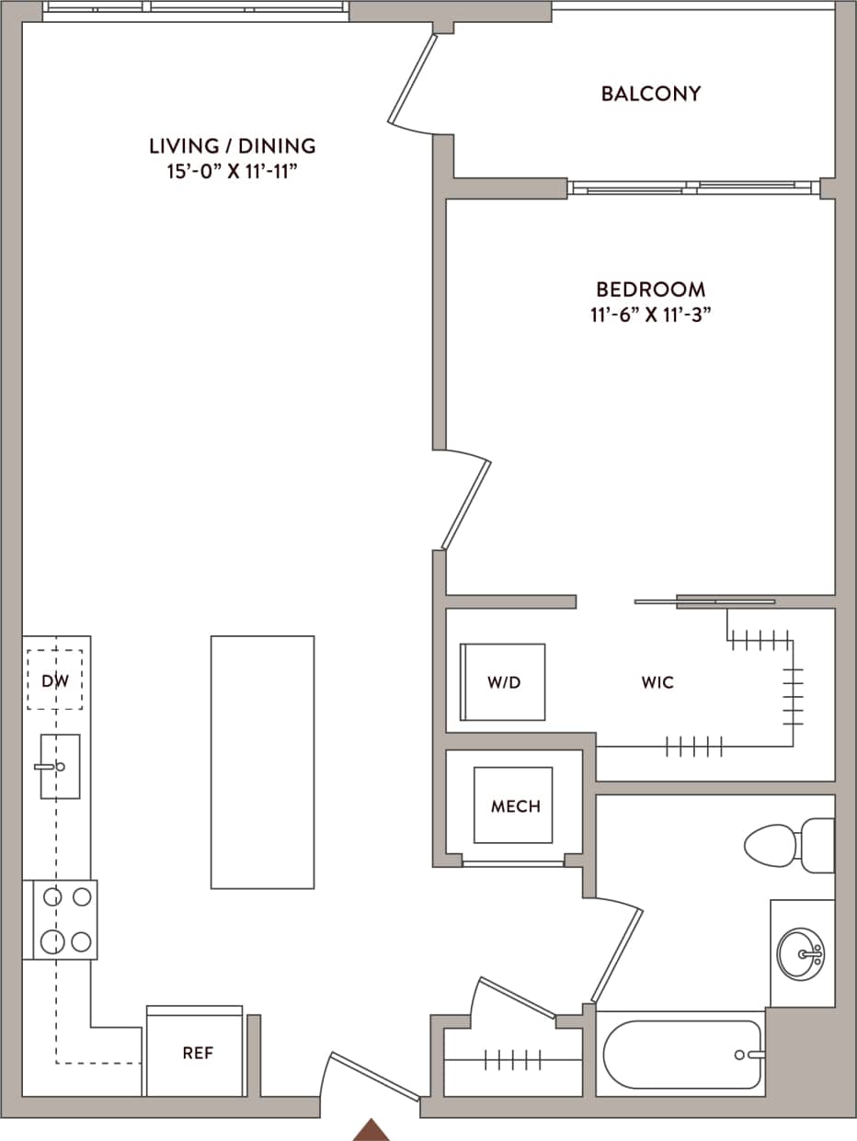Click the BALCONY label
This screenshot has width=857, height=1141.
(651, 94)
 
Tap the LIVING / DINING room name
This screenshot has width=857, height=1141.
(233, 145)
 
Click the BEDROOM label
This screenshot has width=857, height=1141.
(651, 289)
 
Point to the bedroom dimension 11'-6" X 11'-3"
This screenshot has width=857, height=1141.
(651, 314)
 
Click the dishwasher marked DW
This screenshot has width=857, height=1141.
(54, 680)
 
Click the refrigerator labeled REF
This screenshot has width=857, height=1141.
(196, 1054)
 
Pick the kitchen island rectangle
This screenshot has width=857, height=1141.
(262, 762)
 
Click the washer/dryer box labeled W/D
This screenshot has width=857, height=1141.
(503, 683)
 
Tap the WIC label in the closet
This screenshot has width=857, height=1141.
(657, 683)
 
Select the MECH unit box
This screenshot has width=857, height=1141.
(514, 805)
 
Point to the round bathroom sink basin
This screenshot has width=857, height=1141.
(799, 954)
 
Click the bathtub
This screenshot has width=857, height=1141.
(680, 1055)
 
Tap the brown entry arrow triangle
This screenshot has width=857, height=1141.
(371, 1130)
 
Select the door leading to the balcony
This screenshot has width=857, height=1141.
(411, 81)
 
